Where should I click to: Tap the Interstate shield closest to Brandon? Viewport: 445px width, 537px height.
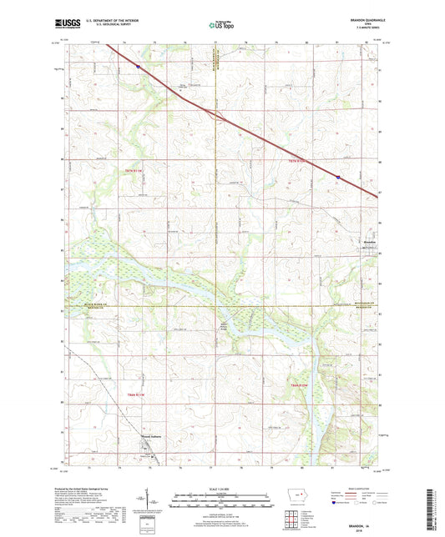(337, 177)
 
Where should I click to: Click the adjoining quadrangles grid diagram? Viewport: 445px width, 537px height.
(300, 521)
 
